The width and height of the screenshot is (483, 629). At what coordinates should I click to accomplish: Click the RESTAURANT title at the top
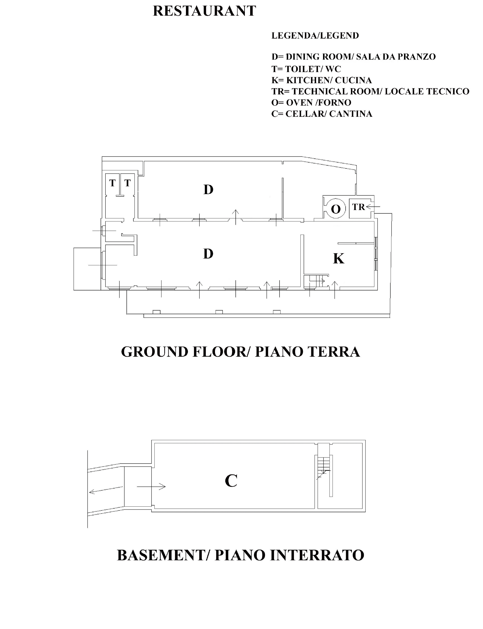click(204, 11)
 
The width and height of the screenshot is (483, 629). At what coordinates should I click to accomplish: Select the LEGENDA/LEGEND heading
click(315, 36)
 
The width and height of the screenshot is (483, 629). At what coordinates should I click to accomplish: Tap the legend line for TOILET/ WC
click(306, 69)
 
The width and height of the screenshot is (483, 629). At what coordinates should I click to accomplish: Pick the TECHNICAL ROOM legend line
click(370, 91)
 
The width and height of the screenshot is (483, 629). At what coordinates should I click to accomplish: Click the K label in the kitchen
click(339, 259)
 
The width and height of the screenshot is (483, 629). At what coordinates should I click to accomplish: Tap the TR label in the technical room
click(358, 207)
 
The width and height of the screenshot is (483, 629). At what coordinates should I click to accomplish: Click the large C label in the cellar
click(231, 481)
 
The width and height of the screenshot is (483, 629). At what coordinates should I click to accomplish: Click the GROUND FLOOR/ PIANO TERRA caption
click(240, 352)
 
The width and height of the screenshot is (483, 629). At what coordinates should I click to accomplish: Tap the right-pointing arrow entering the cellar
click(151, 487)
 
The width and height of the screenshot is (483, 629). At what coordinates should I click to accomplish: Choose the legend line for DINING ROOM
click(354, 57)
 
